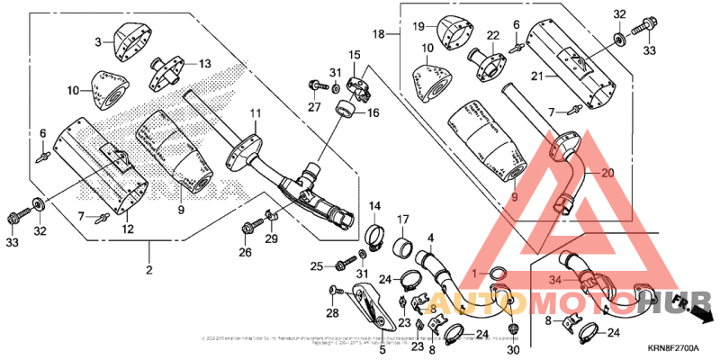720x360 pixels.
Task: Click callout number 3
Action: coord(100,42)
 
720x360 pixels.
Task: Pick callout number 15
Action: coord(355,56)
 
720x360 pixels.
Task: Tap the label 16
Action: coord(373,113)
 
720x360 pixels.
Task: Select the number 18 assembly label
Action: coord(380,33)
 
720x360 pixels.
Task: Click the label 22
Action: coord(493,35)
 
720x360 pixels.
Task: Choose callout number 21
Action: coord(538,76)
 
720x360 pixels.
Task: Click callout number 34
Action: coord(556,280)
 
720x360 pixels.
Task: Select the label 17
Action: coord(403,219)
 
